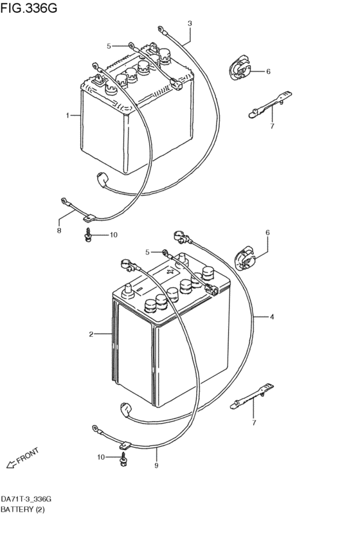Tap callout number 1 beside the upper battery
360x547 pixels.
click(67, 116)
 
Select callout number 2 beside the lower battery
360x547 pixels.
click(91, 334)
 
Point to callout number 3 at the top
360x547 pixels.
click(190, 24)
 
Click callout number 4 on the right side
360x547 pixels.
click(272, 317)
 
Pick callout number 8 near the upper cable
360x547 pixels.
click(59, 230)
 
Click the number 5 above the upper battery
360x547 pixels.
click(109, 46)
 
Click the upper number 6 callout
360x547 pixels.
click(267, 71)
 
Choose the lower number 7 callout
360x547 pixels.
click(254, 422)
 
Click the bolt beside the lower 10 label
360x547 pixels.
click(123, 458)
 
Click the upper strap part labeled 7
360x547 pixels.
click(266, 105)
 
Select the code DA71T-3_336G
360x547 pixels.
click(26, 499)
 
